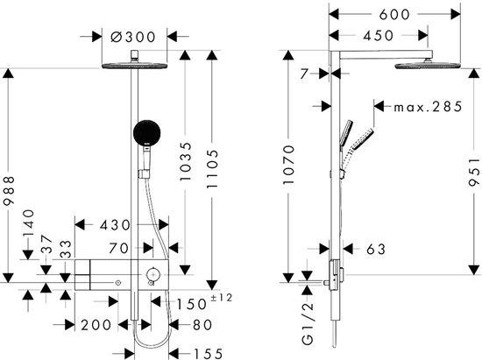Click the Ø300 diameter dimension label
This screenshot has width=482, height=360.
point(133,37)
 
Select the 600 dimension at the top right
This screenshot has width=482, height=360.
point(394,14)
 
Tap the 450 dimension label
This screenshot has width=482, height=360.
point(378,36)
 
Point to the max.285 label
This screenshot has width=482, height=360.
point(429,107)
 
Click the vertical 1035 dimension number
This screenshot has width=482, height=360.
point(186,161)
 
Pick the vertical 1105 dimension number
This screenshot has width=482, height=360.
point(212,169)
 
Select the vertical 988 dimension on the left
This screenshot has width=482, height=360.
point(8,190)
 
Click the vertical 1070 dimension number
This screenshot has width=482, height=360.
point(288,165)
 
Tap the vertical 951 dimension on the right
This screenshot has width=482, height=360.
point(474,172)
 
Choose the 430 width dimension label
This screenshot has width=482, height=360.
point(115,225)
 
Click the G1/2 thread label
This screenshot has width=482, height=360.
point(308,323)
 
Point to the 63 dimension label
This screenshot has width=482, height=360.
point(376,249)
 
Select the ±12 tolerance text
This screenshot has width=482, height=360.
point(222,297)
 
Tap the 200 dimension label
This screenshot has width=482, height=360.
point(96,325)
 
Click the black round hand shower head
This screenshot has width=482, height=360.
point(147,132)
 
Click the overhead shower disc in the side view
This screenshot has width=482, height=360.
point(428,66)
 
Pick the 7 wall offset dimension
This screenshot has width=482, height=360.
point(304,74)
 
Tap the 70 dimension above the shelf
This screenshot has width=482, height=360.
point(118,248)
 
